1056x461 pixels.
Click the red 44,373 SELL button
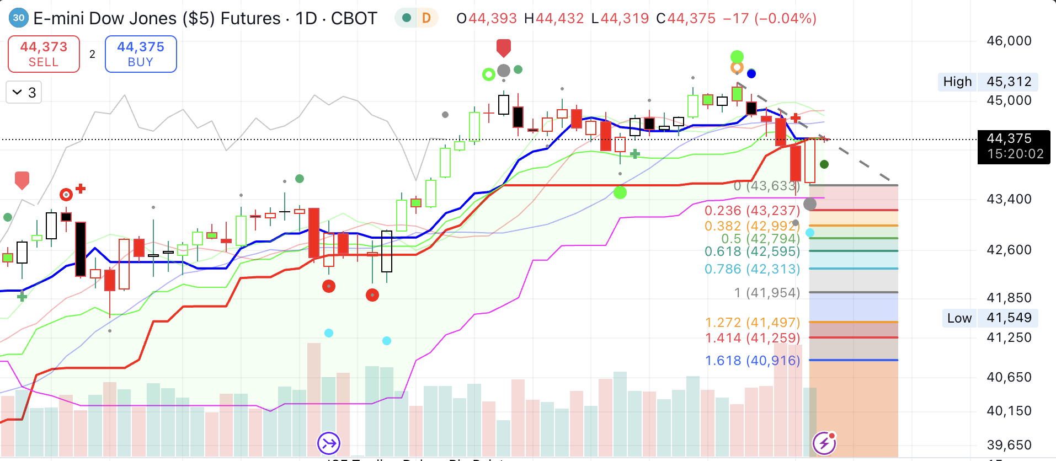[x=44, y=54]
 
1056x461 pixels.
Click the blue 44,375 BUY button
[x=141, y=54]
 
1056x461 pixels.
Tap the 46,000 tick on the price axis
[x=1009, y=41]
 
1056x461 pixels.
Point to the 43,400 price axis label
[x=1009, y=199]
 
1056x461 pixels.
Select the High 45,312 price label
[x=988, y=82]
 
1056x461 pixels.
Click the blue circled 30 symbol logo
[x=19, y=18]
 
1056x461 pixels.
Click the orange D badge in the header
[x=426, y=18]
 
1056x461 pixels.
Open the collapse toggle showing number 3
[x=24, y=93]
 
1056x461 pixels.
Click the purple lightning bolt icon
[x=824, y=442]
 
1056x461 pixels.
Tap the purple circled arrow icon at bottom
[x=329, y=442]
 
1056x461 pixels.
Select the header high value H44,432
[x=553, y=19]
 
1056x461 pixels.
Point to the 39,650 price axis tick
[x=1009, y=445]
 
